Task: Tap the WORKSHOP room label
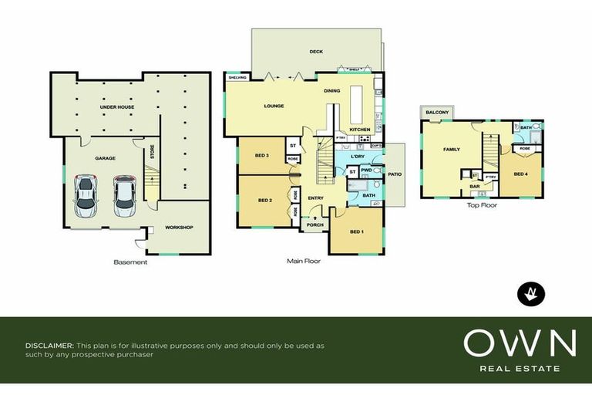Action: point(179,228)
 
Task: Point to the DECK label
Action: point(316,52)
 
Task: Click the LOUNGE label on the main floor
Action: point(274,106)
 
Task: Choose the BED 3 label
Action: point(261,156)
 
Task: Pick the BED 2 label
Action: point(265,201)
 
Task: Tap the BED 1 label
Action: point(357,232)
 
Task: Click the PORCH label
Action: point(314,225)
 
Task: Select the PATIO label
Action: point(394,174)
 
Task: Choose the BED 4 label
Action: point(520,174)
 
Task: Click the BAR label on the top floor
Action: point(475,186)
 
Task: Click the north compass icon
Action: point(530,292)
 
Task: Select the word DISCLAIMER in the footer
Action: point(49,346)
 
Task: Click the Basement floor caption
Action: point(130,262)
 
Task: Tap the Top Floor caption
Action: point(482,206)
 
